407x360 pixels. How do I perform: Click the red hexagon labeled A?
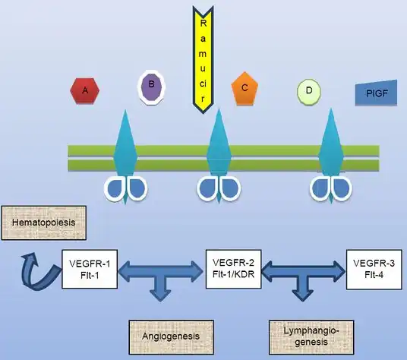coord(84,90)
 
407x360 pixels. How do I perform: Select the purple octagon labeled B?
coord(151,87)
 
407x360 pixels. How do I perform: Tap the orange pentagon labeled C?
coord(245,88)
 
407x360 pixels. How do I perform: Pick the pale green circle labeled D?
coord(309,92)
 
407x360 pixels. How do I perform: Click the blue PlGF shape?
coord(376,93)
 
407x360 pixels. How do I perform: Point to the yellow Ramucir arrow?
coord(203,60)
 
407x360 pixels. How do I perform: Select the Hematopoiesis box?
coord(44,223)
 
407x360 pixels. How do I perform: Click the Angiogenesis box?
coord(172,337)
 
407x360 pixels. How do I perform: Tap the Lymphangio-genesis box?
coord(311,337)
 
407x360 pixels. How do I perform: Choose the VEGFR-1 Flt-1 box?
coord(90,269)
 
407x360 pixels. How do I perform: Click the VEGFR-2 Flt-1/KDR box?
coord(233,269)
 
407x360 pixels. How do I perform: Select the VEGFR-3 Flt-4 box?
coord(374,270)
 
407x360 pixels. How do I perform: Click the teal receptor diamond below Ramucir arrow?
coord(219,156)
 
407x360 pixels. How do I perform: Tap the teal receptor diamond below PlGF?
coord(331,156)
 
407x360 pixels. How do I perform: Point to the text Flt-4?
coord(374,275)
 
